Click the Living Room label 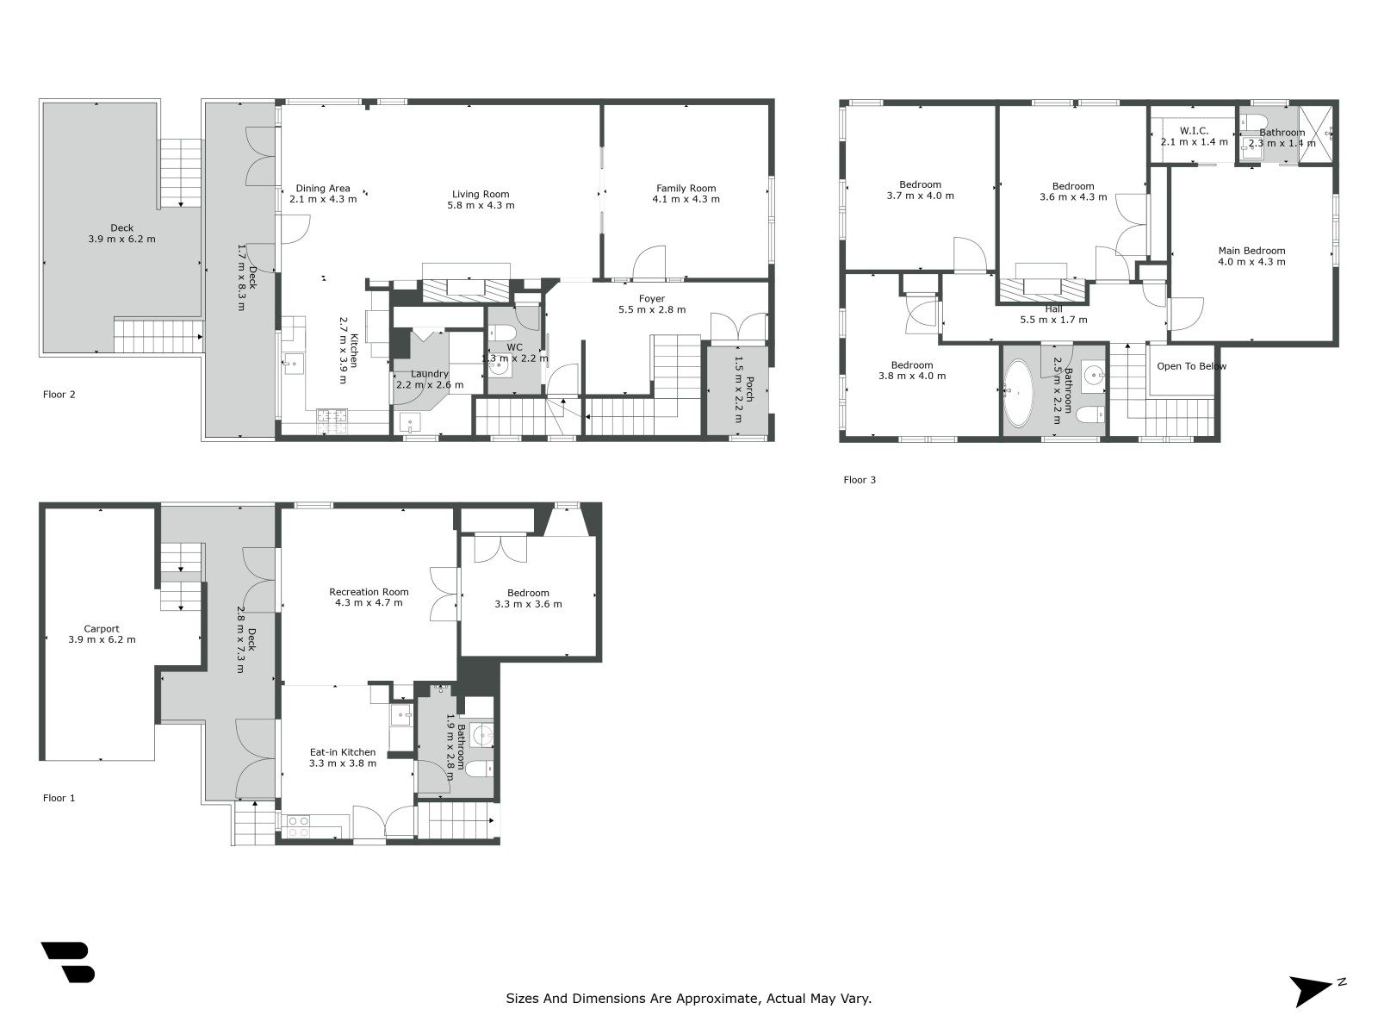pos(481,194)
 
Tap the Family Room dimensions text pos(686,199)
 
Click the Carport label pos(102,628)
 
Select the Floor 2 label pos(59,395)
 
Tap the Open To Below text pos(1191,366)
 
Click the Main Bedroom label pos(1251,251)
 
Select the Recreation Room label pos(369,592)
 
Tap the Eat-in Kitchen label pos(343,752)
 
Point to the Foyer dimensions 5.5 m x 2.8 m pos(651,310)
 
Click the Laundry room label pos(429,374)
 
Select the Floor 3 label pos(860,480)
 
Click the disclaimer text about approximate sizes pos(688,999)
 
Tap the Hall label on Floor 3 pos(1053,308)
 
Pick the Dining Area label pos(323,188)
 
